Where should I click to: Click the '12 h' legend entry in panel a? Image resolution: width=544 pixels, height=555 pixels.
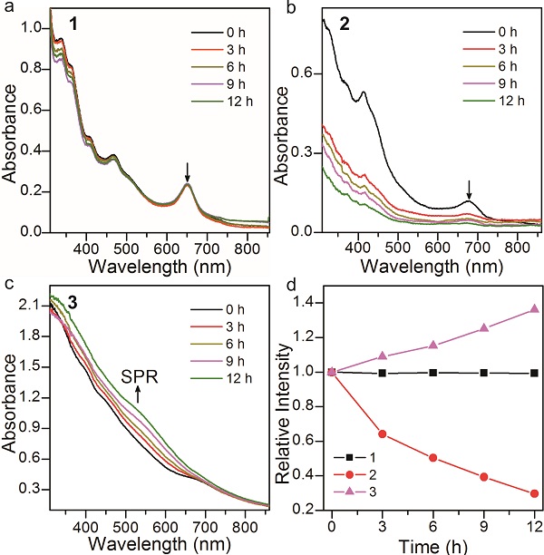pos(220,106)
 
